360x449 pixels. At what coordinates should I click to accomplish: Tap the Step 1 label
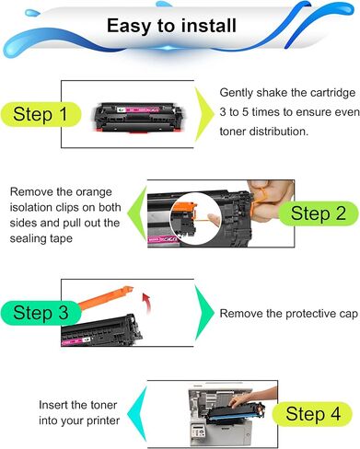point(39,116)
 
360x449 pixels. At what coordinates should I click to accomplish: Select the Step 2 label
point(317,213)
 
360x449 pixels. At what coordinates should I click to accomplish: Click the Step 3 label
point(39,313)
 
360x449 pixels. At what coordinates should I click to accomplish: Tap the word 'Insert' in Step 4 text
point(54,405)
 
